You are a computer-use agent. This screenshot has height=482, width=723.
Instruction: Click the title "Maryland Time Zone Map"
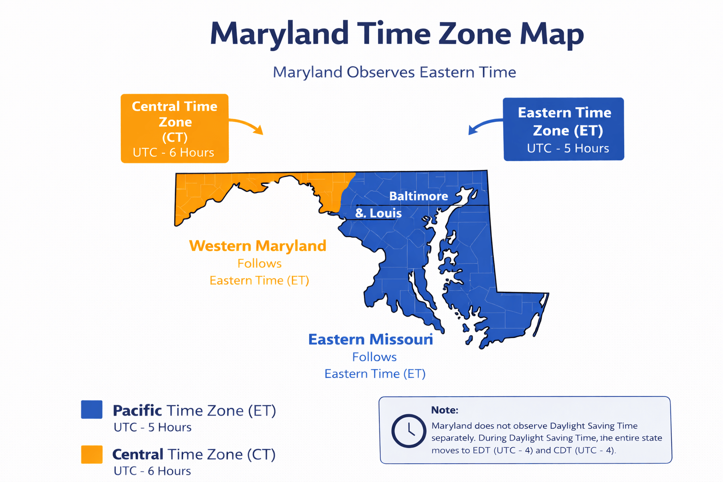[x=396, y=34]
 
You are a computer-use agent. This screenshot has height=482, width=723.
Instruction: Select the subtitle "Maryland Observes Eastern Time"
[x=394, y=72]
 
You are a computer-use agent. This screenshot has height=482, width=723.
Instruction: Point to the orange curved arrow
[x=247, y=125]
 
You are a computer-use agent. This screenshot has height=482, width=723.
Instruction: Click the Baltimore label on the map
[x=418, y=196]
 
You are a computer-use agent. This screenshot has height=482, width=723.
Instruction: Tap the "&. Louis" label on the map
[x=378, y=213]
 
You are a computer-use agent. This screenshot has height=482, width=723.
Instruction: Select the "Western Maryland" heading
[x=257, y=246]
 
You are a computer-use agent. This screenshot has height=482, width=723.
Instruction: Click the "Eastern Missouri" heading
[x=370, y=339]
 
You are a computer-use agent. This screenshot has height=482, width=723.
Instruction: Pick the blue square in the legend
[x=92, y=410]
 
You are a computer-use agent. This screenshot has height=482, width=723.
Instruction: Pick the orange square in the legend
[x=92, y=454]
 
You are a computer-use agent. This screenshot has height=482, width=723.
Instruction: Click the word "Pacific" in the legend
[x=137, y=410]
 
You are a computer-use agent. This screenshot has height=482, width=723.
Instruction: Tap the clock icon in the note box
[x=408, y=430]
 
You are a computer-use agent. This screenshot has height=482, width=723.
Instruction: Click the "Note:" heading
[x=444, y=410]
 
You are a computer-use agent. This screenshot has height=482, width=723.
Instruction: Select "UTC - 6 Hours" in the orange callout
[x=173, y=153]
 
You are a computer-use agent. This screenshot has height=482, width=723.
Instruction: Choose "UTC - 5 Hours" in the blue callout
[x=568, y=148]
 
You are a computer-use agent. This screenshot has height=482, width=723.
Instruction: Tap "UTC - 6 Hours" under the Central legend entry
[x=153, y=471]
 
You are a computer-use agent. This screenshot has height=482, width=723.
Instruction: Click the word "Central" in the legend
[x=138, y=454]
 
